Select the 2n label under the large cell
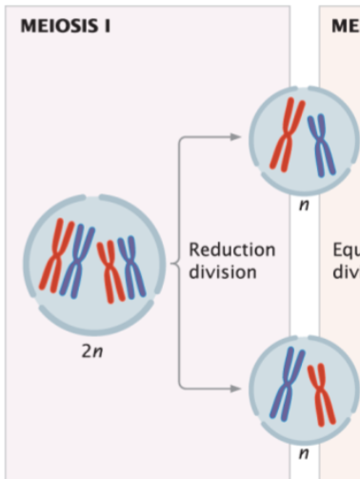(x=90, y=352)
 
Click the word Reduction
(x=232, y=250)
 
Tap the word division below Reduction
(x=223, y=271)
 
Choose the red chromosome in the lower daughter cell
(x=321, y=392)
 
